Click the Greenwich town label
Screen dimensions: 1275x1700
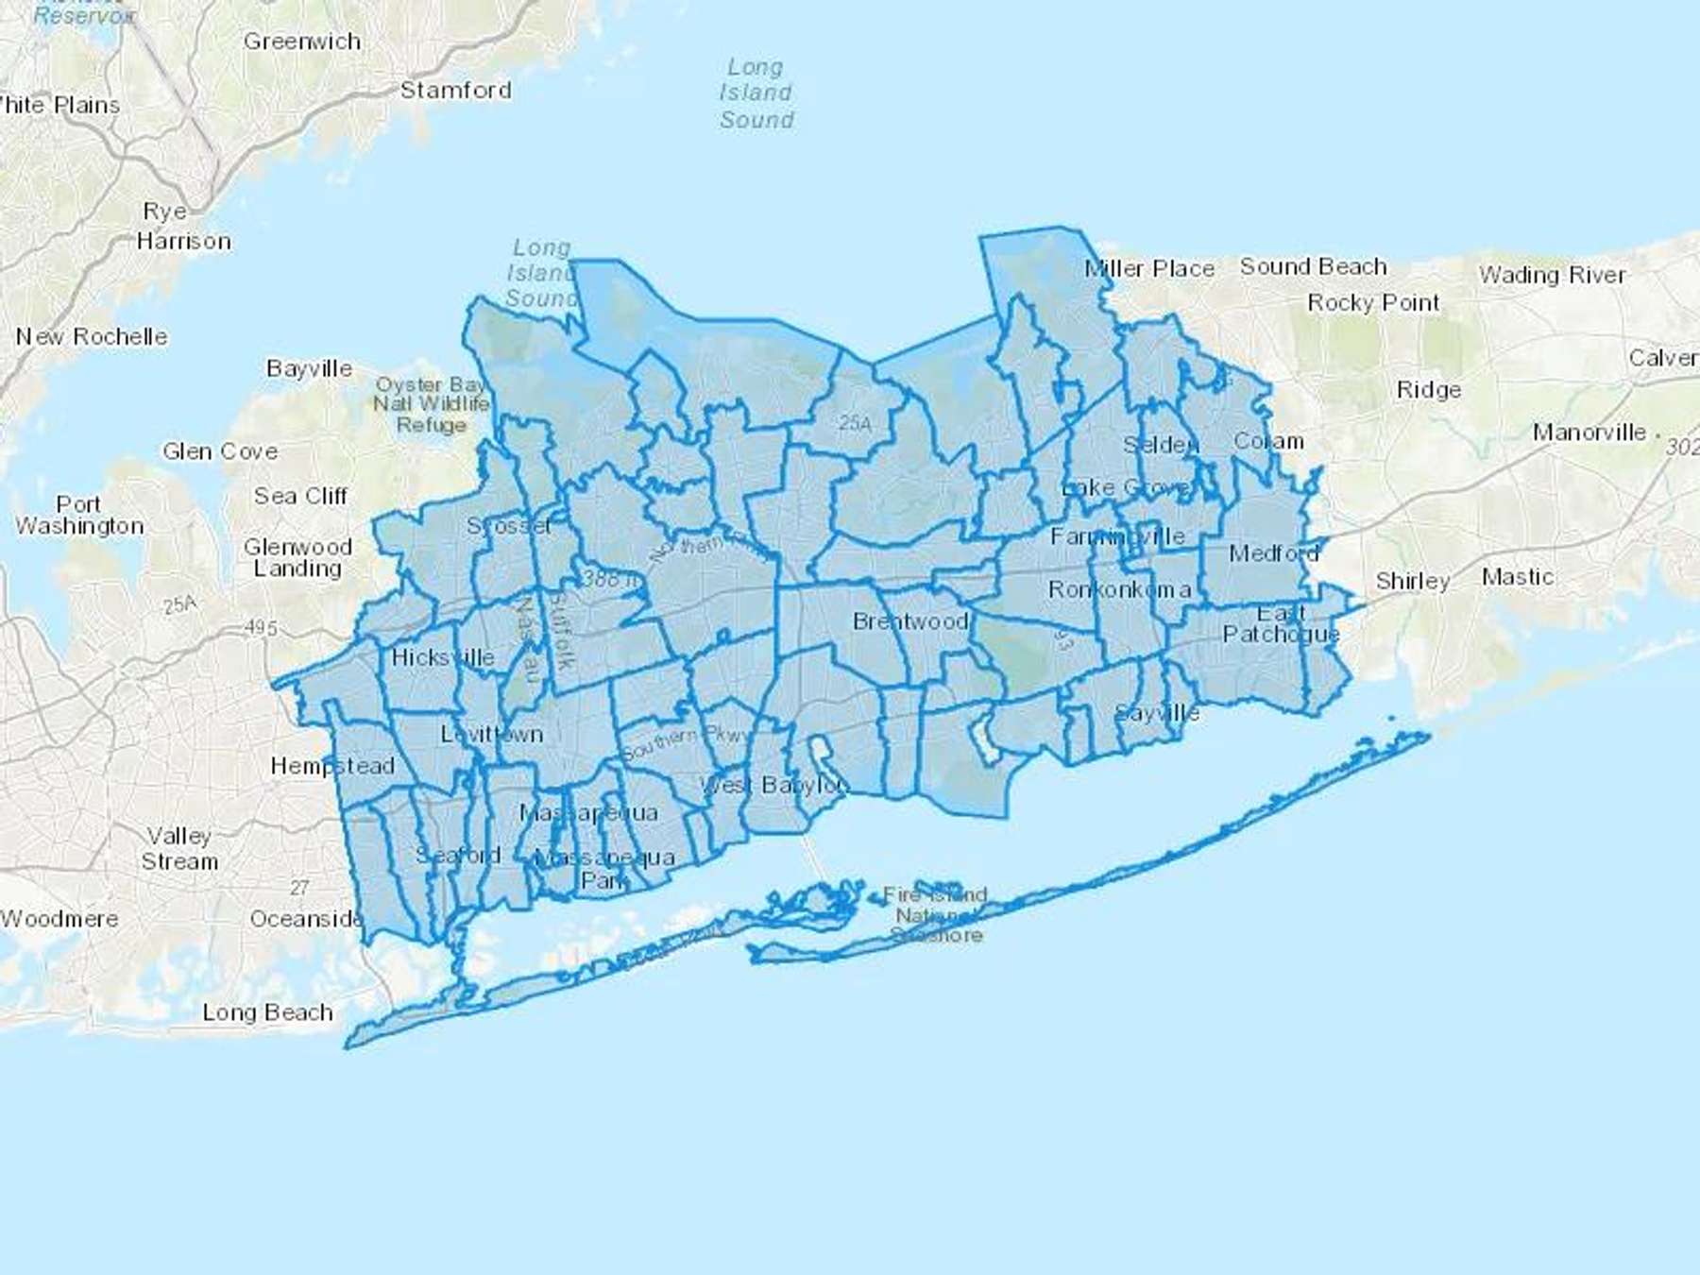tap(302, 42)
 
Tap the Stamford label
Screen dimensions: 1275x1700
tap(455, 91)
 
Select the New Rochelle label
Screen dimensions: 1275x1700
tap(92, 337)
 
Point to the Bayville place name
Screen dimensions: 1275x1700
tap(309, 368)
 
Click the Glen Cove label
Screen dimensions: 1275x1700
tap(220, 451)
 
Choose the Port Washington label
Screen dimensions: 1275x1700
tap(79, 516)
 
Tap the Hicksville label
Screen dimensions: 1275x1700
tap(442, 657)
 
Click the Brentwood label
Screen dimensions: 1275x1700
tap(910, 621)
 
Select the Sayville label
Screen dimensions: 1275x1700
tap(1157, 713)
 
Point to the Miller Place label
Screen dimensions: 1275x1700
tap(1149, 269)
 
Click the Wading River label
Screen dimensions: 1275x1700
tap(1552, 275)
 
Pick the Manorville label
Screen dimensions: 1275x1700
tap(1589, 433)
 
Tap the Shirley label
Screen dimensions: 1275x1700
tap(1412, 581)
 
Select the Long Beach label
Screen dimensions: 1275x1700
tap(267, 1012)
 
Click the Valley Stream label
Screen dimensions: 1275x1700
tap(179, 848)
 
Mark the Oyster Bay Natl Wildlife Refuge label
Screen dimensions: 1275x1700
tap(432, 404)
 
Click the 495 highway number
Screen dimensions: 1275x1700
tap(261, 627)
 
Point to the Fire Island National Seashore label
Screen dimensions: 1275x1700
tap(936, 914)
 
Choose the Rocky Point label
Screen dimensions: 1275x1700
tap(1373, 303)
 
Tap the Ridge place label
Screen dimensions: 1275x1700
tap(1428, 390)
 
